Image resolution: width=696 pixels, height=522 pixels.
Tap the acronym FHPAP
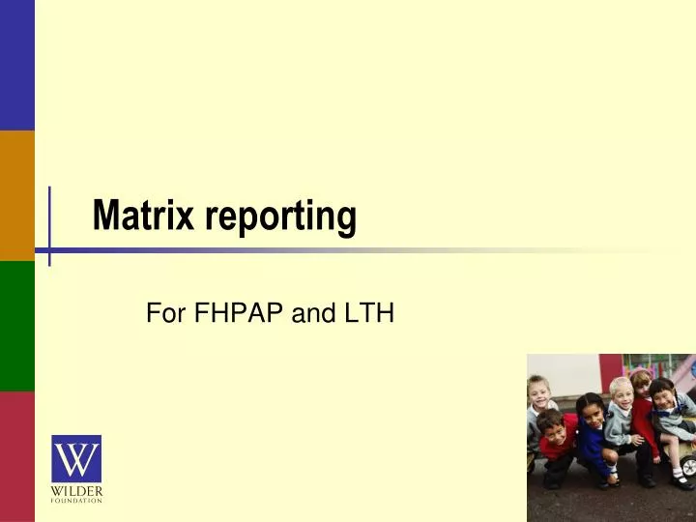[233, 313]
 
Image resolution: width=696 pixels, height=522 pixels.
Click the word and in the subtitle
[305, 313]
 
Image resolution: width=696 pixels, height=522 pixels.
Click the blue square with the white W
[76, 459]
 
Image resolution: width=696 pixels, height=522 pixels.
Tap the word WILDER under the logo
[76, 491]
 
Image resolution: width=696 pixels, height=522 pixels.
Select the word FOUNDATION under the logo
[76, 500]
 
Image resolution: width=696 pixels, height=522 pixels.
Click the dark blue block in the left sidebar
[16, 65]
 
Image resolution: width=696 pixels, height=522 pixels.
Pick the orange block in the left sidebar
[16, 195]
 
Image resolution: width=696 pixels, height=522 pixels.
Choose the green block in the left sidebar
[16, 326]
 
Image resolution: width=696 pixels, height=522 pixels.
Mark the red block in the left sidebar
[16, 456]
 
